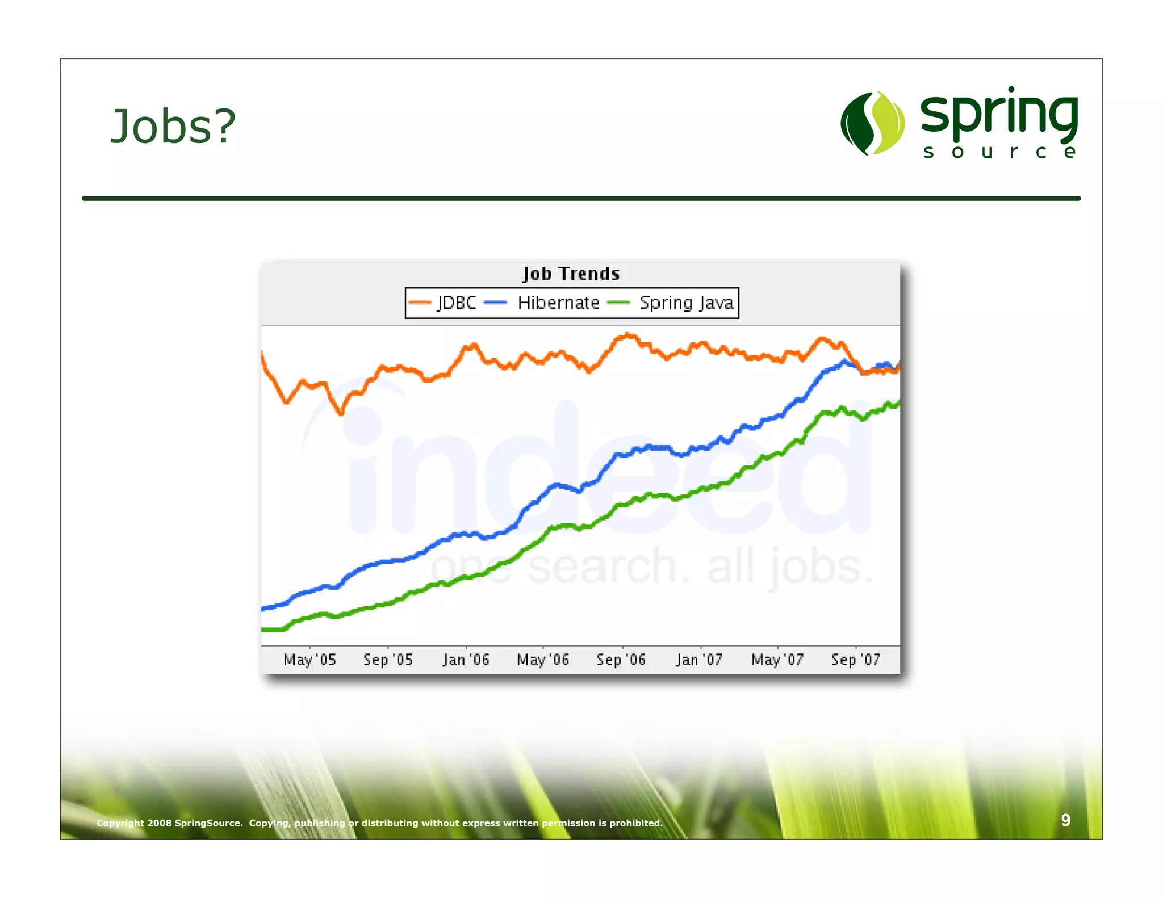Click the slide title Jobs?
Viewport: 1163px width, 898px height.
tap(173, 126)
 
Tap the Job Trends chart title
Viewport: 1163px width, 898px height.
tap(571, 274)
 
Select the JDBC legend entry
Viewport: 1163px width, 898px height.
tap(456, 303)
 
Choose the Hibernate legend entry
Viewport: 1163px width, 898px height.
tap(558, 303)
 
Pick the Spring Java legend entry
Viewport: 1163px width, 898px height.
tap(685, 303)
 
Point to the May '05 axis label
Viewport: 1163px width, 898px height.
tap(309, 660)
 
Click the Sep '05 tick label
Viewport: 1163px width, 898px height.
tap(388, 660)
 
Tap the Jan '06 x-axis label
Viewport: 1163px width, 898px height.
tap(466, 660)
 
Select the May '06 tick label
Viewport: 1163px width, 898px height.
tap(543, 660)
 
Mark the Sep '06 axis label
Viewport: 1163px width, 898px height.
tap(621, 660)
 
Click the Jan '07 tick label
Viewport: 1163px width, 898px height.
tap(699, 660)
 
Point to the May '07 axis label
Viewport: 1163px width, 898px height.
tap(777, 660)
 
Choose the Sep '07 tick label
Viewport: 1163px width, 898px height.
tap(855, 660)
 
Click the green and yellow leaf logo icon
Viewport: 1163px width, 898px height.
tap(872, 123)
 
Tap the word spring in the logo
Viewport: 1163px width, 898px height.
tap(999, 114)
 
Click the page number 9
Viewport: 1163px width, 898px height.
tap(1066, 820)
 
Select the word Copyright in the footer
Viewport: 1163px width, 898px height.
tap(120, 823)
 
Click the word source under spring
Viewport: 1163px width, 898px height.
tap(999, 152)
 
